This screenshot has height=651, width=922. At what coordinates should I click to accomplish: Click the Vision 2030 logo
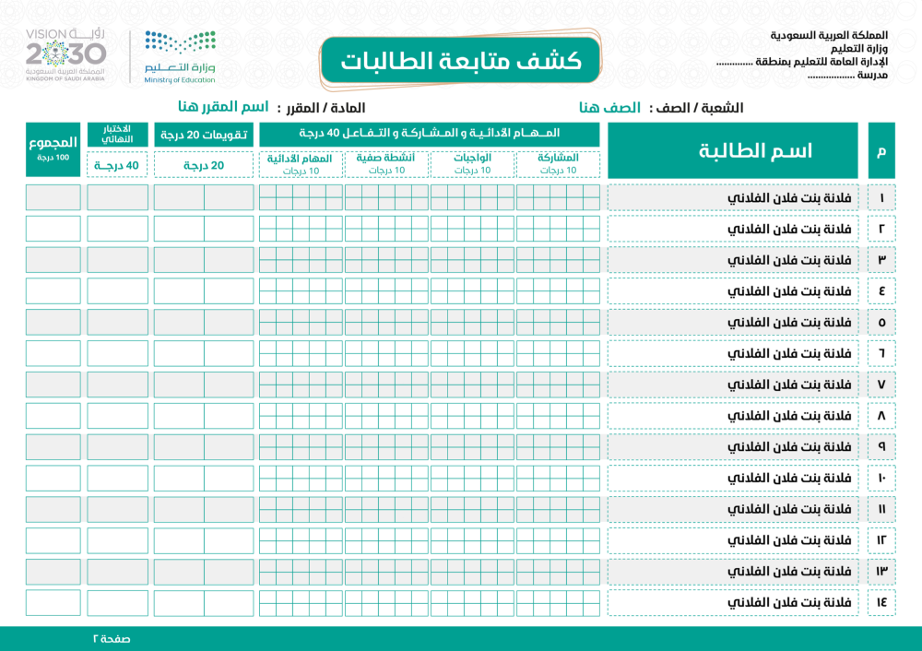click(x=65, y=55)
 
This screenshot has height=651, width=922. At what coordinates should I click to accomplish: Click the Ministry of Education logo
click(x=180, y=55)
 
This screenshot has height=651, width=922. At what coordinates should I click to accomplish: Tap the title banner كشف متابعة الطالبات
click(x=461, y=61)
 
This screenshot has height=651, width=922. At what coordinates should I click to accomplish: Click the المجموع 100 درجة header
click(x=53, y=150)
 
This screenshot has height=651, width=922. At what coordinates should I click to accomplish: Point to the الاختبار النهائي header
click(x=117, y=134)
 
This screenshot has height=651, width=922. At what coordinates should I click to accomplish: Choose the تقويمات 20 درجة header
click(x=203, y=135)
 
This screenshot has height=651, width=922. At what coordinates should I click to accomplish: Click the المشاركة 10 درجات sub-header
click(x=558, y=163)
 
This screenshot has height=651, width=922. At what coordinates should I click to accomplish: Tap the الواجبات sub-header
click(x=472, y=163)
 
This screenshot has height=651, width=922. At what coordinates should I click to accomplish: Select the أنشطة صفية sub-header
click(x=386, y=163)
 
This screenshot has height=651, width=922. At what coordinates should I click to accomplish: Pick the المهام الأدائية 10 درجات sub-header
click(x=301, y=163)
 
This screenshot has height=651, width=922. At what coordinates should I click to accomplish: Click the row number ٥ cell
click(x=881, y=322)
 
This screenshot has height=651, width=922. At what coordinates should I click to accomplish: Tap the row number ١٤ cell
click(x=881, y=602)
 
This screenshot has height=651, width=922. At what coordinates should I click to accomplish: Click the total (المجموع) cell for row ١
click(x=53, y=197)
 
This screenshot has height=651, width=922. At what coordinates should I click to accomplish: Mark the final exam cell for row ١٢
click(x=117, y=540)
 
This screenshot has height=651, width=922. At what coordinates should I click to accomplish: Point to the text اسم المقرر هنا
click(x=218, y=108)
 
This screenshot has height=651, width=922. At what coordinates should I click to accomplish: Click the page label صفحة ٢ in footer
click(x=111, y=638)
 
